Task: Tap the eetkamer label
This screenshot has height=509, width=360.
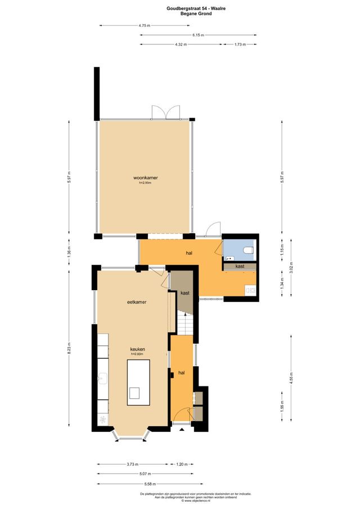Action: point(137,302)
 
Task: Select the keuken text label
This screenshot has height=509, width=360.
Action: point(138,349)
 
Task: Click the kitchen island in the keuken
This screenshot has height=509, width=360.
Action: point(138,382)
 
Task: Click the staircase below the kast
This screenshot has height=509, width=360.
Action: point(185,324)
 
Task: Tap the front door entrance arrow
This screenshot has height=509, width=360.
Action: point(181,429)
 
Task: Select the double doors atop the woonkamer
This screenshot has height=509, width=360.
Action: point(165,113)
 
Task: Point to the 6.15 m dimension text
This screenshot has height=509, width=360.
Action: point(198,35)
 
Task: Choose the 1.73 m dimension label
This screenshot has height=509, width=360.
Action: point(239,44)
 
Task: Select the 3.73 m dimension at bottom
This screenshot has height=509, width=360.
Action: point(132,465)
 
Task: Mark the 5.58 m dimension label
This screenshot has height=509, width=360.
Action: point(149,484)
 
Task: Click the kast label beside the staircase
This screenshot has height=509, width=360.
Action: point(184,293)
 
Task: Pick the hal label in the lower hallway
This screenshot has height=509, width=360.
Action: point(181,373)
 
